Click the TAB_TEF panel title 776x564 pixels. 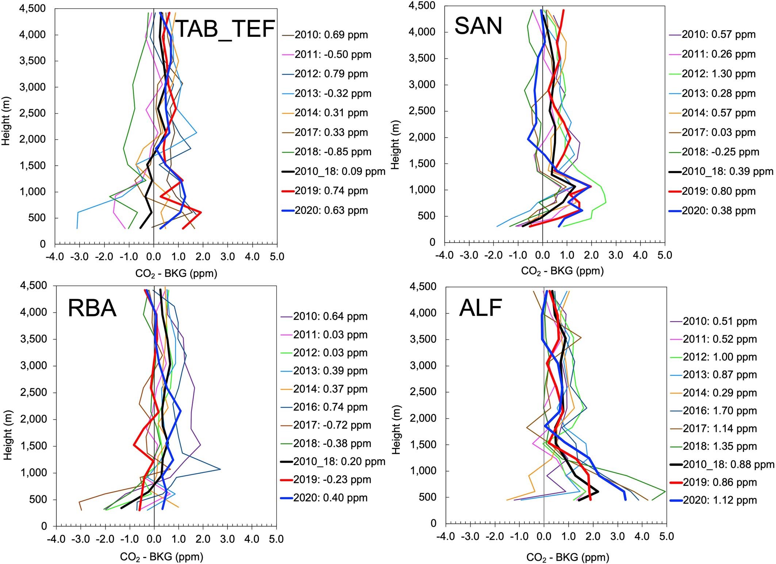(225, 29)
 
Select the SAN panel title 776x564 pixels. (478, 26)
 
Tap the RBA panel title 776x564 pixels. (92, 308)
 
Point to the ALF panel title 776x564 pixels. (481, 308)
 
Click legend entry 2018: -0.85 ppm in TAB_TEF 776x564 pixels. (333, 152)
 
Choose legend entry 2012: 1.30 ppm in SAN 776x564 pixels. (719, 74)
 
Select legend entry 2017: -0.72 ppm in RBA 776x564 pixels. (332, 425)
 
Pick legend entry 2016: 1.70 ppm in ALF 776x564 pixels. (719, 410)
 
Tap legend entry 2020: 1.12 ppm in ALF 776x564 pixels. (719, 500)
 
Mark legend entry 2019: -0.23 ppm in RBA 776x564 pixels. (332, 479)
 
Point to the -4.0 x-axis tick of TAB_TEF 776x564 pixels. (55, 257)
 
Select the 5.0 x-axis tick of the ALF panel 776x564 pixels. (666, 536)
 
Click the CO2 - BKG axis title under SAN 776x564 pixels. (562, 271)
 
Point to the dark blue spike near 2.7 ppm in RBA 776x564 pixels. (220, 469)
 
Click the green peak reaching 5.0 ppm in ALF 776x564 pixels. (665, 491)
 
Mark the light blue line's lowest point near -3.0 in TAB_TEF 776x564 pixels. (77, 228)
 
